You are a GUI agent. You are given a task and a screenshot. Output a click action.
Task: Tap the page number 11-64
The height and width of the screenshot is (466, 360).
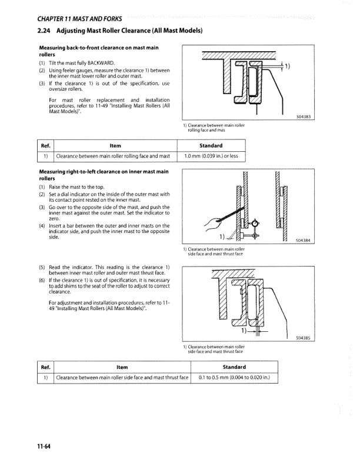click(x=42, y=446)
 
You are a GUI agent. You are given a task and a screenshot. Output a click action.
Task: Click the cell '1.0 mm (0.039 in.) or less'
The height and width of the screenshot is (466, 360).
click(x=211, y=156)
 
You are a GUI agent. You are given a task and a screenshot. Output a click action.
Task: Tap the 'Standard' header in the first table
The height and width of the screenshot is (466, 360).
click(x=211, y=145)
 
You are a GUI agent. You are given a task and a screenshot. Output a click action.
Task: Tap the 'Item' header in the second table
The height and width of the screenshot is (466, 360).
click(x=122, y=367)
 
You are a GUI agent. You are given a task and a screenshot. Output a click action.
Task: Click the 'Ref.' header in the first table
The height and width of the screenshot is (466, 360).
click(x=45, y=145)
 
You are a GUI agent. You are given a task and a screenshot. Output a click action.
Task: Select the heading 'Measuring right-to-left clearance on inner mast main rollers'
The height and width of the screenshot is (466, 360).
click(x=104, y=174)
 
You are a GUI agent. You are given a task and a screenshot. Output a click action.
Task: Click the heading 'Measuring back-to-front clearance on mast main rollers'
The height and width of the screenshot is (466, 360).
click(x=99, y=50)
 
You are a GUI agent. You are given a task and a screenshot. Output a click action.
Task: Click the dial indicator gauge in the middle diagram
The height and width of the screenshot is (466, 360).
click(x=255, y=224)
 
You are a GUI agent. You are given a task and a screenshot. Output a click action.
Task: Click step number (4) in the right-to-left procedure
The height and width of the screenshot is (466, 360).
click(x=42, y=226)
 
